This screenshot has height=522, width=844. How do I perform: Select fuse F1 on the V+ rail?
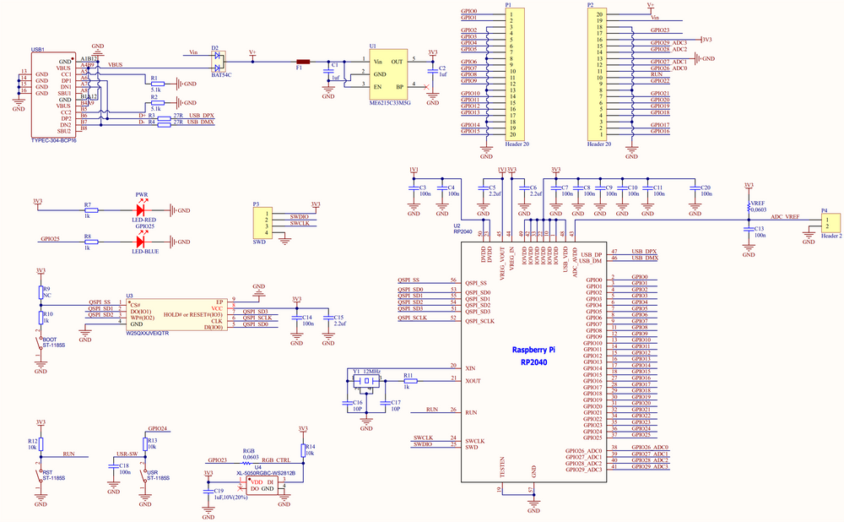(x=303, y=62)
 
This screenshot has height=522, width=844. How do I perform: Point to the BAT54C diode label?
(x=221, y=75)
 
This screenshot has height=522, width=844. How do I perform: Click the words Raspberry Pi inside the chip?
(x=533, y=349)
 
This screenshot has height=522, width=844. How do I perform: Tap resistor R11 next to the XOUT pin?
(x=410, y=382)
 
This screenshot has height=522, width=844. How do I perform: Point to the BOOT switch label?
(x=49, y=341)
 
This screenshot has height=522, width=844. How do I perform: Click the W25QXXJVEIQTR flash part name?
(x=148, y=333)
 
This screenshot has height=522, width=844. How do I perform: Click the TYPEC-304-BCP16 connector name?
(x=53, y=140)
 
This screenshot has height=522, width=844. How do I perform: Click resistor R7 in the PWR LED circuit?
(x=89, y=210)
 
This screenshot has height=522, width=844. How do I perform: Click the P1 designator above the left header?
(x=508, y=4)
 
